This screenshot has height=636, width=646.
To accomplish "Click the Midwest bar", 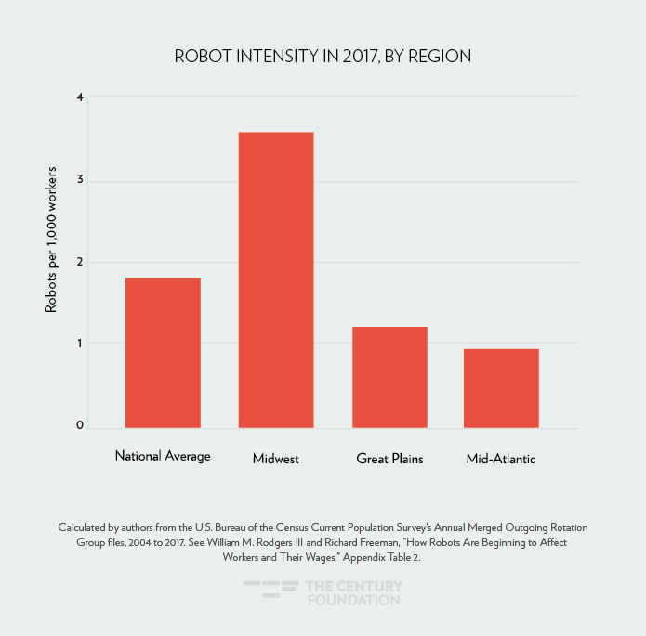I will coord(276,279).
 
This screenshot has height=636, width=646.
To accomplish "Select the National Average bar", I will coord(163,353).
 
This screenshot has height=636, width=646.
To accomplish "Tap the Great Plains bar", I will coord(389,377).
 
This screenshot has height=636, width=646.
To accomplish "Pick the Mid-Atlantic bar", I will coord(502,388).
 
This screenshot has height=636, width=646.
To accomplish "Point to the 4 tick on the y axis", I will coord(80,97).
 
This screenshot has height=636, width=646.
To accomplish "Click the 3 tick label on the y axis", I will coord(80,179).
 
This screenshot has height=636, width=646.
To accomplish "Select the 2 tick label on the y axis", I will coord(80,262).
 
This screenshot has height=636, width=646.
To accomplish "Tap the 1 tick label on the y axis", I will coord(80,344).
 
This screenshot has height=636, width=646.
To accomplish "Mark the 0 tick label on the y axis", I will coord(80,426).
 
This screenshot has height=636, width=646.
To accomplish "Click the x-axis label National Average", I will coord(163,456).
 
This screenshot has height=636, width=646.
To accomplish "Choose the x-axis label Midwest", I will coord(276,459).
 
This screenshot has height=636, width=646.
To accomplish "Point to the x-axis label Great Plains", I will coord(389,459).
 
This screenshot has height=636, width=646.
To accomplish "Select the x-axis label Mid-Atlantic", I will coord(501,459).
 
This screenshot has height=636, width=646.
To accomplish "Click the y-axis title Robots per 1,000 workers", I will coord(52,240).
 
